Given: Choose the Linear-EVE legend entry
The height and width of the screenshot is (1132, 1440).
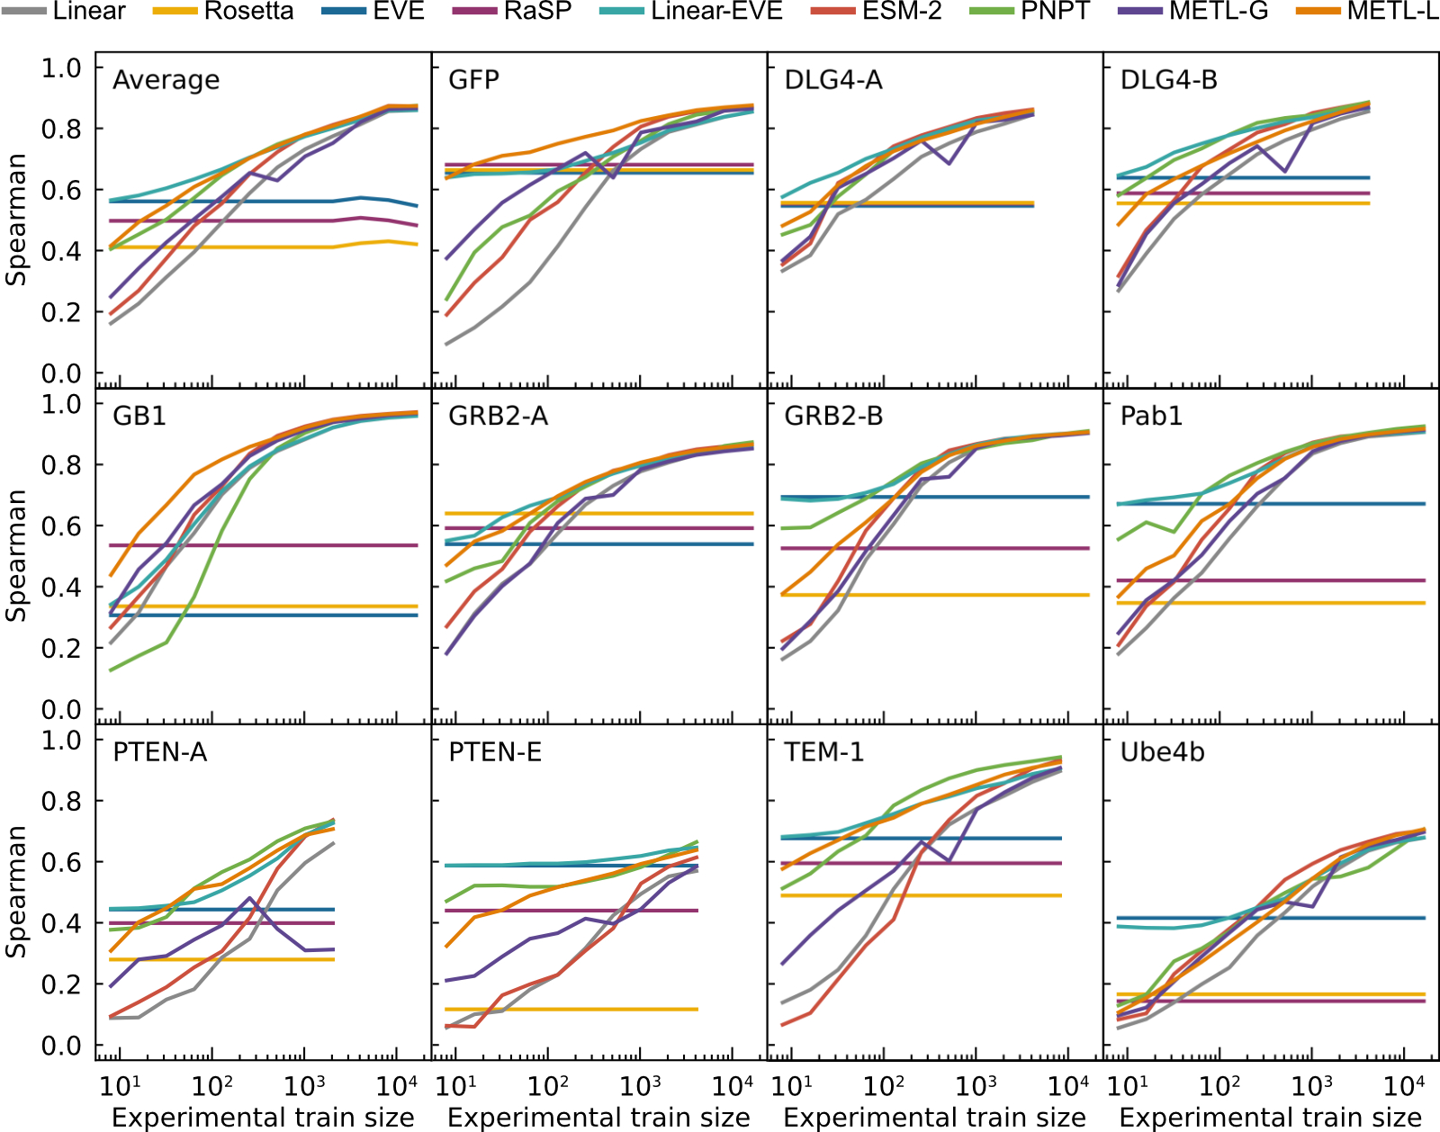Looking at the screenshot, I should point(716,12).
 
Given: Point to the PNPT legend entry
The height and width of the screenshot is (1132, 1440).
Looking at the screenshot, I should point(1055,12).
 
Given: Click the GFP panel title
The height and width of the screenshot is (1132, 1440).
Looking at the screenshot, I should point(473,80).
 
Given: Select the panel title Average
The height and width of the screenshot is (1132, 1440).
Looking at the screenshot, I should point(166,80).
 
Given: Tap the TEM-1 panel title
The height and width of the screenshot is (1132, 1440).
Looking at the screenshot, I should point(823,752).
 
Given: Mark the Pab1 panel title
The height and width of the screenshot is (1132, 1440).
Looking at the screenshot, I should point(1151,417).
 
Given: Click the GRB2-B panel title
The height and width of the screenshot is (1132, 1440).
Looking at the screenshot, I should point(833,417).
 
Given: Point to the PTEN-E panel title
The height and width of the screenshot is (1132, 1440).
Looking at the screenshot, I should point(495,752).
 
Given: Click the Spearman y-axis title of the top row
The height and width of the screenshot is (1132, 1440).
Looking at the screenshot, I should point(15,220).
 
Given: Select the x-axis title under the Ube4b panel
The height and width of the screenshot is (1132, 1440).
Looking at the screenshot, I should point(1270,1118).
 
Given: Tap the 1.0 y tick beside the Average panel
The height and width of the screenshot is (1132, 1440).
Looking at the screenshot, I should point(61,68).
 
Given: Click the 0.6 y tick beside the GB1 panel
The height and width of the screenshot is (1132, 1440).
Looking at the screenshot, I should point(61,526).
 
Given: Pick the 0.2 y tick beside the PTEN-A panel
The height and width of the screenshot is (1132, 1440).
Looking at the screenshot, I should point(61,984).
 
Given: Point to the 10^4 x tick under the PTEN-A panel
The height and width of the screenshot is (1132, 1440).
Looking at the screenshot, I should point(397,1085).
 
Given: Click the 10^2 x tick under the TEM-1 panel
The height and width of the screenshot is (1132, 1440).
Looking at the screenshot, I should point(884,1085).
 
